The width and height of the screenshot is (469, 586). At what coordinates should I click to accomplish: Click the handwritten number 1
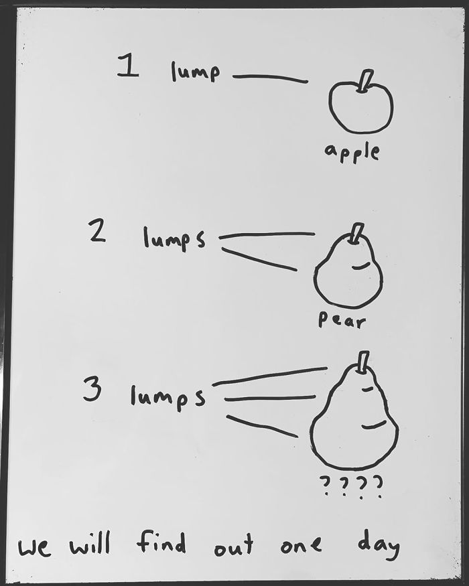pos(128,66)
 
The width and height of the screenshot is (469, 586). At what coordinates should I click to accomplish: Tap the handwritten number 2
pos(97,230)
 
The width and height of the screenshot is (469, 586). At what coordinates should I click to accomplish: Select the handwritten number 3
pos(92,388)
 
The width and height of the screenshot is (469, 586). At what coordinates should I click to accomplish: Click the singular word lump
pos(195,72)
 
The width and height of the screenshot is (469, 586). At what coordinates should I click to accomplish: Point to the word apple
pos(352,153)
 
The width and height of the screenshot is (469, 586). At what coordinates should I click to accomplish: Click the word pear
pos(342,320)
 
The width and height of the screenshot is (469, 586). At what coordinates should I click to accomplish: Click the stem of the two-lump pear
pos(356,233)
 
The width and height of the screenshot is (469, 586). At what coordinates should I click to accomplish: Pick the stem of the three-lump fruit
pos(362,362)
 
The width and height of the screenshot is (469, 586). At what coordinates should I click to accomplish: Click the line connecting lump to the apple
pos(270,78)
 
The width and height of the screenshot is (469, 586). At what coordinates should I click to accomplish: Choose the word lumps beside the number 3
pos(168,398)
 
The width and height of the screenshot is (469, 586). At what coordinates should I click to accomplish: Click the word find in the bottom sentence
pos(161,542)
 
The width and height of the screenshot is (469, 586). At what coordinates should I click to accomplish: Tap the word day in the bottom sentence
pos(378,544)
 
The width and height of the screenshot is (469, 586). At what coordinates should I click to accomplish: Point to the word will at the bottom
pos(90,544)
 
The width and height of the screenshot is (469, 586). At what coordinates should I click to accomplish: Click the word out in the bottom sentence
pos(234,544)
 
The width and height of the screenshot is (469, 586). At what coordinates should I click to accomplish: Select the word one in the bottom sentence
pos(301,545)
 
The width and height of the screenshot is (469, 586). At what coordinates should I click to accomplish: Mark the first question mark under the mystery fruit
pos(326,485)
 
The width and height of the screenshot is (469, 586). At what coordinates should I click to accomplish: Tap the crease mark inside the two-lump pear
pos(361,266)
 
